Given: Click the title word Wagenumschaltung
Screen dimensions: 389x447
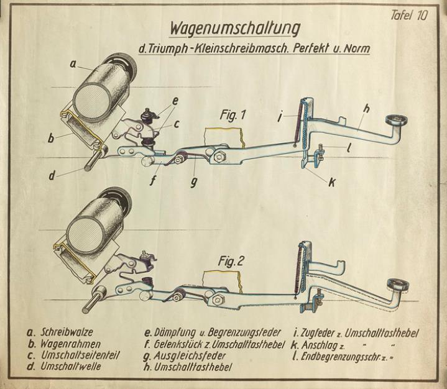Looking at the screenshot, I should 234,29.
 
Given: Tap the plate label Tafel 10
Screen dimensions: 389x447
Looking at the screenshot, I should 409,16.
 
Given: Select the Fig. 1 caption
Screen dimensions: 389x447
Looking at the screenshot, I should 234,115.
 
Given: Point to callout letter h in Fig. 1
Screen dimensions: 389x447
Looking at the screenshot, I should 367,108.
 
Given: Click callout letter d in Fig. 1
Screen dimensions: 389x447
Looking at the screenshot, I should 52,175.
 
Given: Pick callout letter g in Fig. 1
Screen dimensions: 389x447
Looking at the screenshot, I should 194,183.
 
